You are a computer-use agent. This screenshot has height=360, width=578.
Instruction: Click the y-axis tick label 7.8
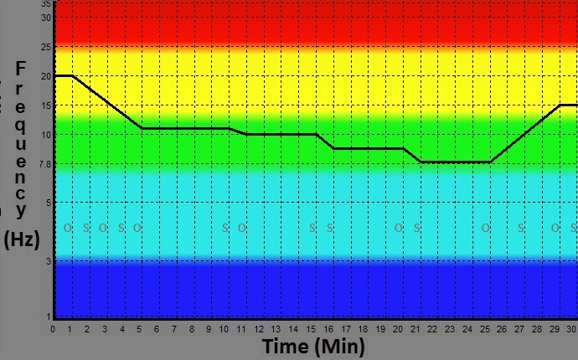coord(45,164)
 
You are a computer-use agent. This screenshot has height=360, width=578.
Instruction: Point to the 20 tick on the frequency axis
coord(46,76)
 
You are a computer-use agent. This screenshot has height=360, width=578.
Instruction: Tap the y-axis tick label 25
coord(46,47)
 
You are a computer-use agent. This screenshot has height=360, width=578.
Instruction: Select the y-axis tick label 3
coord(49,261)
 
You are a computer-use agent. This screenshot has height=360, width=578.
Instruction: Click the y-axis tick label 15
coord(46,105)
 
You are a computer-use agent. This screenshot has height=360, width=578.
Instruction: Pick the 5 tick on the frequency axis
coord(49,203)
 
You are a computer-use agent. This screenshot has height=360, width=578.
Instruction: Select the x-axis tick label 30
coord(571,329)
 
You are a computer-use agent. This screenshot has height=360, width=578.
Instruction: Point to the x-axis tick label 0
coord(53,329)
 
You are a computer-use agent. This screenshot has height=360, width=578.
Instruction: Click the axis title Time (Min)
coord(313,347)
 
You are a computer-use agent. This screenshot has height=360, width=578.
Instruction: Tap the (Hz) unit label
coord(23,239)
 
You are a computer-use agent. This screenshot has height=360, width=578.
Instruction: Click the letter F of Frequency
coord(22,68)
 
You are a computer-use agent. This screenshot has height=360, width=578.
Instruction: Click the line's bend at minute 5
coord(140,128)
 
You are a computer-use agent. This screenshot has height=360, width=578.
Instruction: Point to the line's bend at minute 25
coord(489,162)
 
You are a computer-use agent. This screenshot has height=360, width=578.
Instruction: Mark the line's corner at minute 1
coord(72,75)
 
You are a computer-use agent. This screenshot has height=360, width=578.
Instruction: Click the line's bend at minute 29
coord(559,105)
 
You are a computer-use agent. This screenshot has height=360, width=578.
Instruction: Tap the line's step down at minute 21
coord(420,162)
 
